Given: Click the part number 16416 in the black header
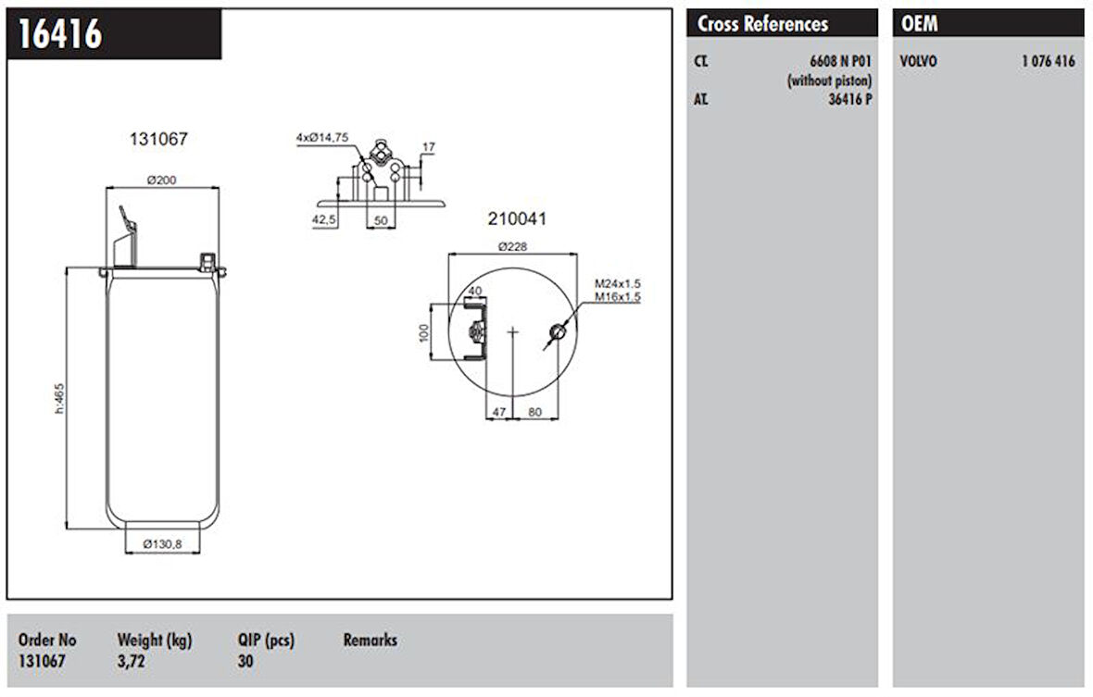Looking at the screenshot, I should click(60, 34).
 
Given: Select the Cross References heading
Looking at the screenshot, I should click(762, 24).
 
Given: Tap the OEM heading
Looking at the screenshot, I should click(919, 24).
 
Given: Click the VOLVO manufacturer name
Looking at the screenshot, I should click(919, 62).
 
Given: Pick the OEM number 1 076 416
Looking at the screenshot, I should click(1049, 62).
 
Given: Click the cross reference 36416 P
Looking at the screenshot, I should click(849, 99).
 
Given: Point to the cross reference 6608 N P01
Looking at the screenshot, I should click(840, 62).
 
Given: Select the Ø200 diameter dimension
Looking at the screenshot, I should click(162, 180).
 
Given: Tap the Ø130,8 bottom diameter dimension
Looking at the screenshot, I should click(163, 545).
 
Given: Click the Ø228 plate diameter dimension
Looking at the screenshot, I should click(512, 246).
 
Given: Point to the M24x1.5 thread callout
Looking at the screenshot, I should click(618, 283).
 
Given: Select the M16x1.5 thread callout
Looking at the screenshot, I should click(618, 297).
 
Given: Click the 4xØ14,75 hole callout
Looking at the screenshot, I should click(322, 137).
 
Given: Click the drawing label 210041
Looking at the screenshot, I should click(517, 219).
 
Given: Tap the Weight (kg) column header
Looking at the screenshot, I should click(154, 640).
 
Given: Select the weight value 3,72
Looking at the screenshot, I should click(131, 661).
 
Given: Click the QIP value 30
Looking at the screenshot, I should click(245, 661).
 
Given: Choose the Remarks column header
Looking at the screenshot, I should click(370, 640).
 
